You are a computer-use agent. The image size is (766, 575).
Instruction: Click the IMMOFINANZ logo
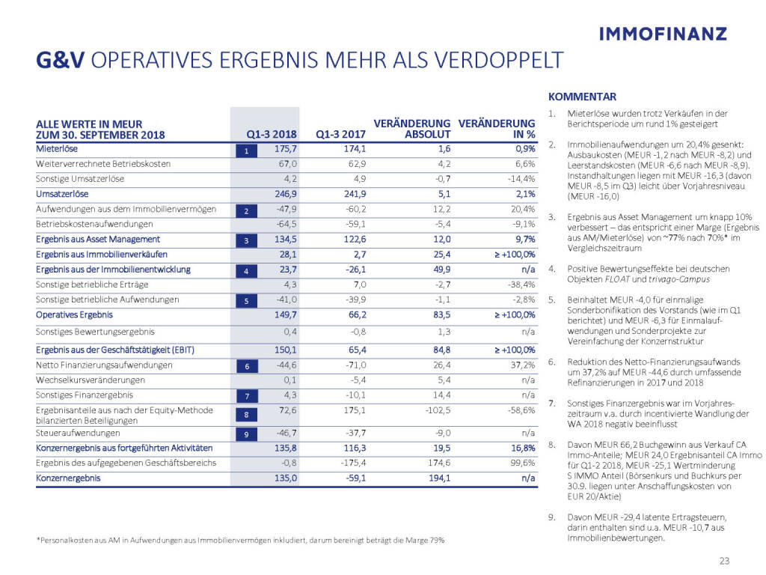[664, 33]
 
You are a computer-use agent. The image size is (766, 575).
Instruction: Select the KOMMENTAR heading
[582, 97]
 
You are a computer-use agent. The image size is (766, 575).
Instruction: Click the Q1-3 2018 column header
[272, 136]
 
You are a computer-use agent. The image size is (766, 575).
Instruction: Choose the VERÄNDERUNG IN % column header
[497, 130]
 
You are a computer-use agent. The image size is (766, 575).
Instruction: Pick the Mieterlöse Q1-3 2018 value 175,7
[285, 149]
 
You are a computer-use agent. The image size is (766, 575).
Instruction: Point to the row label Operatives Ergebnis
[72, 315]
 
